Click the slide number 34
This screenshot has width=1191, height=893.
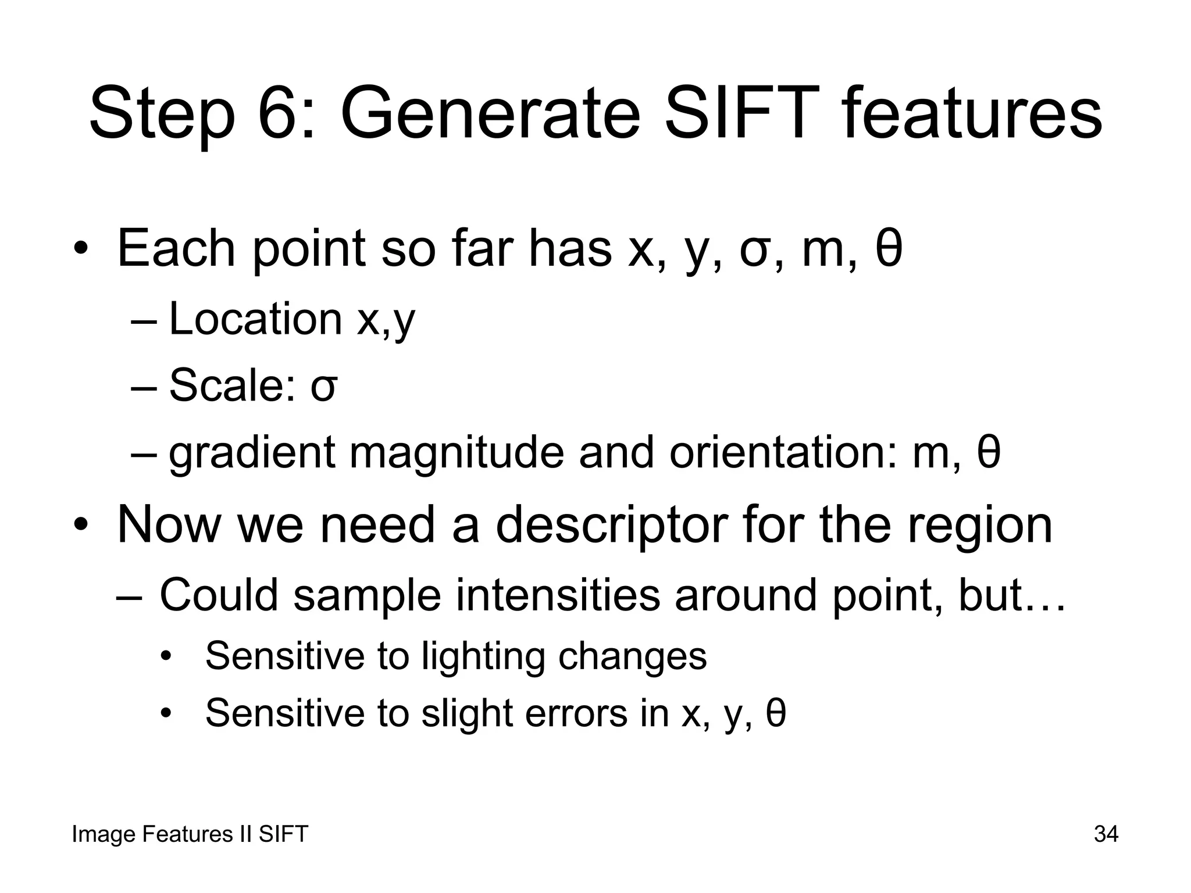(x=1106, y=834)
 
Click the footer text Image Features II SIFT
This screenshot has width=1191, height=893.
(x=190, y=834)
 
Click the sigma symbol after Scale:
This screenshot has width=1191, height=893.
(x=323, y=387)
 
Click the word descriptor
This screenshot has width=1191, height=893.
(x=611, y=525)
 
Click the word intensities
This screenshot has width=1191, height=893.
(x=558, y=595)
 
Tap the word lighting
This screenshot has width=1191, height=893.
(x=483, y=657)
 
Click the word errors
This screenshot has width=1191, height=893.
(x=576, y=713)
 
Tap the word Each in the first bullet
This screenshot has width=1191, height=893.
(x=176, y=248)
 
